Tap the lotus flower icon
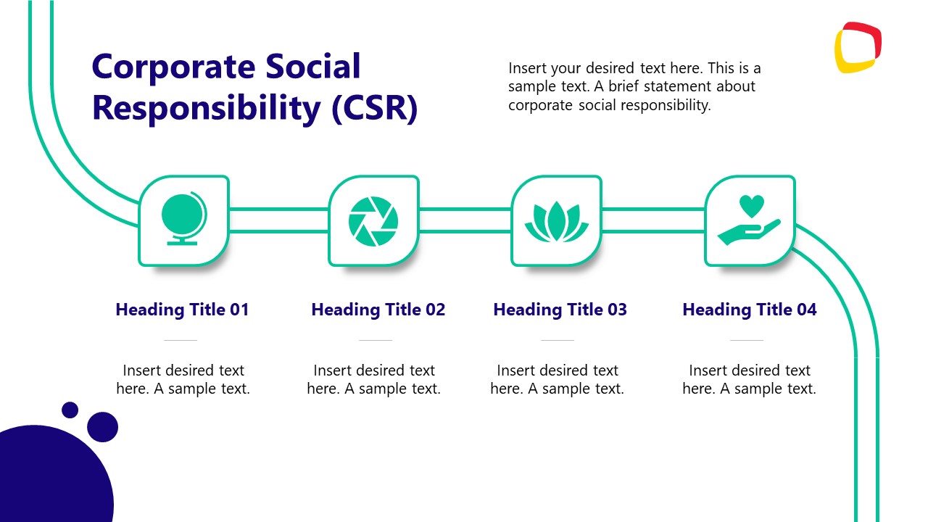point(556,221)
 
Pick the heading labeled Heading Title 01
point(182,310)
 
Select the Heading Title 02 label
point(378,310)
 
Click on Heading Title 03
point(560,310)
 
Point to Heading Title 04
point(749,310)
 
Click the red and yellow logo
point(858,48)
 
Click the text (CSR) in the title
point(374,109)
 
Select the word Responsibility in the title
point(207,109)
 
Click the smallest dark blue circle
point(70,410)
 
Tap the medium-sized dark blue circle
point(102,427)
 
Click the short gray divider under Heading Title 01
point(181,340)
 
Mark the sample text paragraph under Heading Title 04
point(749,379)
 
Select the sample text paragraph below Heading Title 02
point(373,379)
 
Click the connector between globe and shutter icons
point(278,220)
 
